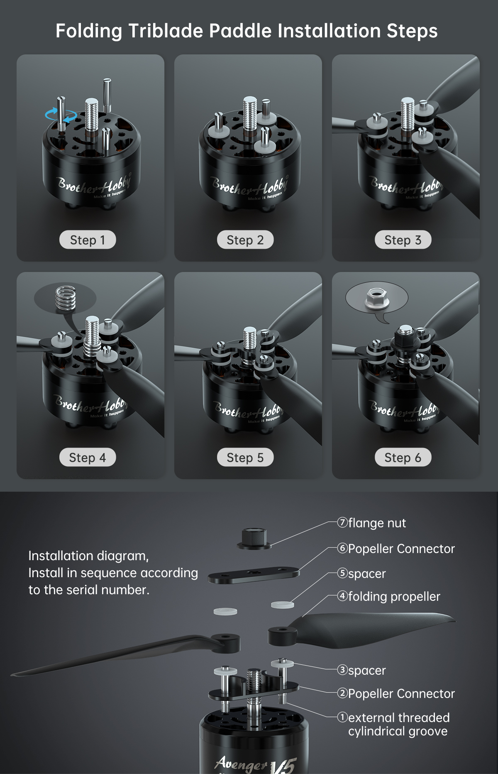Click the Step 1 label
(x=88, y=240)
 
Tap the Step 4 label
(x=88, y=457)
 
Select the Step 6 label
(x=403, y=457)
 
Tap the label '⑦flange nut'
(x=372, y=523)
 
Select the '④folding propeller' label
(x=389, y=596)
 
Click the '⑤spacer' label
(x=361, y=573)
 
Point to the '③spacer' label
(x=361, y=670)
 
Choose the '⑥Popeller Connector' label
(x=396, y=549)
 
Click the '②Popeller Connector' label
(x=396, y=693)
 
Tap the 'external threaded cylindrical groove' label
(x=393, y=724)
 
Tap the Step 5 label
(x=245, y=457)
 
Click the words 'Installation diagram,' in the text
(x=88, y=556)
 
